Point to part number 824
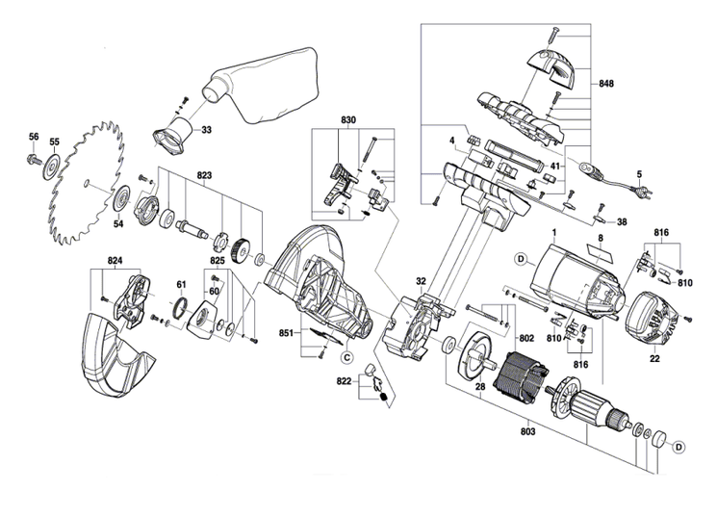click(115, 261)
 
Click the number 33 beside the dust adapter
click(206, 129)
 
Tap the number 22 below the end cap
click(654, 359)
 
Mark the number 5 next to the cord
click(637, 174)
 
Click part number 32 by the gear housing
click(421, 281)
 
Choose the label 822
click(344, 382)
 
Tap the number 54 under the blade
click(118, 224)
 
